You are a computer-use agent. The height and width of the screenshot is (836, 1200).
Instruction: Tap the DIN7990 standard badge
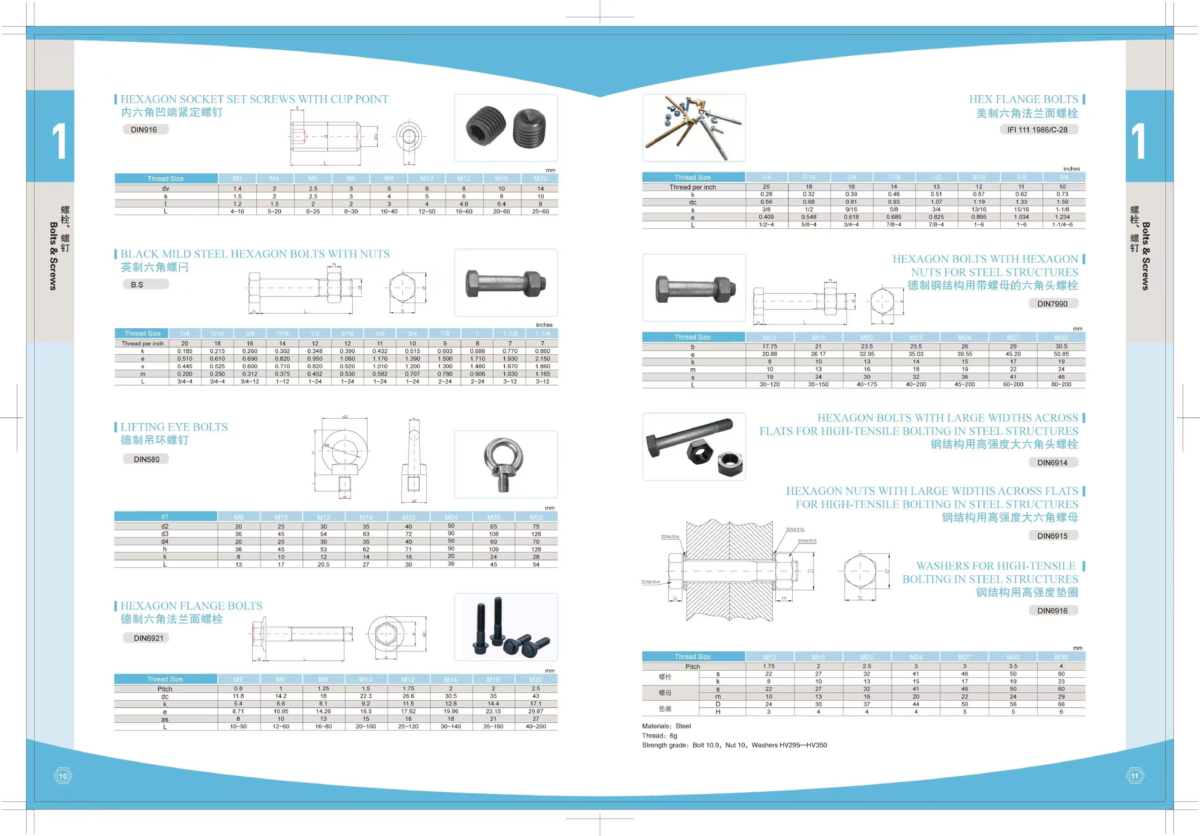(1052, 304)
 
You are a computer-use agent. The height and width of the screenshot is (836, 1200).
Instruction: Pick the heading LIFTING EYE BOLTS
(174, 427)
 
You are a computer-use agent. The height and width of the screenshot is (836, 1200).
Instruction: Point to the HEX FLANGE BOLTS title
(1023, 99)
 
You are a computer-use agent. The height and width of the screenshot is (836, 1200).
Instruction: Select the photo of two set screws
(505, 128)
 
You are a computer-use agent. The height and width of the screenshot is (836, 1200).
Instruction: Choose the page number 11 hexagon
(1135, 776)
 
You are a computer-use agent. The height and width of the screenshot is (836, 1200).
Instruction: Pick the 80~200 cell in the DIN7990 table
(1061, 385)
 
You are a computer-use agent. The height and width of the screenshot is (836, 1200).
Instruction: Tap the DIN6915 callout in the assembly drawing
(807, 541)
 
